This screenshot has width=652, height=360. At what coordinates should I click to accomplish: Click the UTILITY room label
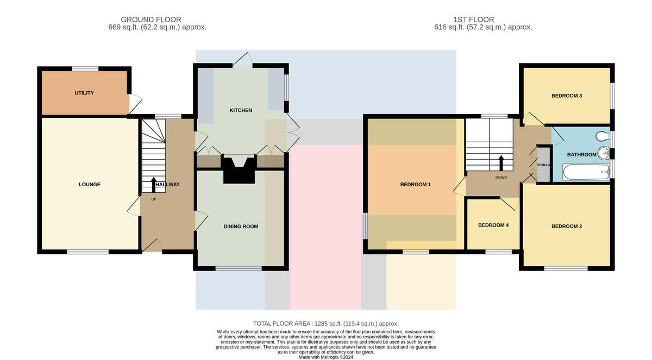(84, 93)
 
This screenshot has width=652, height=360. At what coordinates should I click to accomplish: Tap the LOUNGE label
(90, 185)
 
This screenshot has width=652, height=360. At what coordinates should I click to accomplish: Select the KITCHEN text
(241, 110)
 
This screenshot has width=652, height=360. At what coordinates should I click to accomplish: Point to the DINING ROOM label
(241, 226)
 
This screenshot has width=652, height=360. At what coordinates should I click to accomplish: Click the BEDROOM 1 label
(415, 185)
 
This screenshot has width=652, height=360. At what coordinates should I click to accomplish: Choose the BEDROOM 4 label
(493, 225)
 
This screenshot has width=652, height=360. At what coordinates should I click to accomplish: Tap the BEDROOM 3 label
(567, 96)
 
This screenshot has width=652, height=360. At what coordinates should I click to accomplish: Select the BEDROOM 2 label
(567, 226)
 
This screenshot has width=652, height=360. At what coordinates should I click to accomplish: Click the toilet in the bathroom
(603, 136)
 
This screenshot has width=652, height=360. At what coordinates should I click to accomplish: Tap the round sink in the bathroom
(604, 153)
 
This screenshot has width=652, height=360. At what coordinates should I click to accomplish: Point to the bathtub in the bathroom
(586, 172)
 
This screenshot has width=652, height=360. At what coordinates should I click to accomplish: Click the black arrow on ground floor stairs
(153, 185)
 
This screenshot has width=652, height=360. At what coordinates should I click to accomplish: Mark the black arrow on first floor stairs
(501, 163)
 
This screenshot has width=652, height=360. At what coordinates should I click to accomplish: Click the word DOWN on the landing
(501, 178)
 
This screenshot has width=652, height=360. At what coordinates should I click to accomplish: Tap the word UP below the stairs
(154, 199)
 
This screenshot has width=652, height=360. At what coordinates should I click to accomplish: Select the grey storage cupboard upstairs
(543, 165)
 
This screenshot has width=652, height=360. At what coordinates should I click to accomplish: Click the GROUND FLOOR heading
(151, 20)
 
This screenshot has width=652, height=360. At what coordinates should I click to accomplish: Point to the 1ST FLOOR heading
(474, 20)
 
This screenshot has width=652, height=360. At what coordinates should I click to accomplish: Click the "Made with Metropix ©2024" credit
(326, 357)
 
